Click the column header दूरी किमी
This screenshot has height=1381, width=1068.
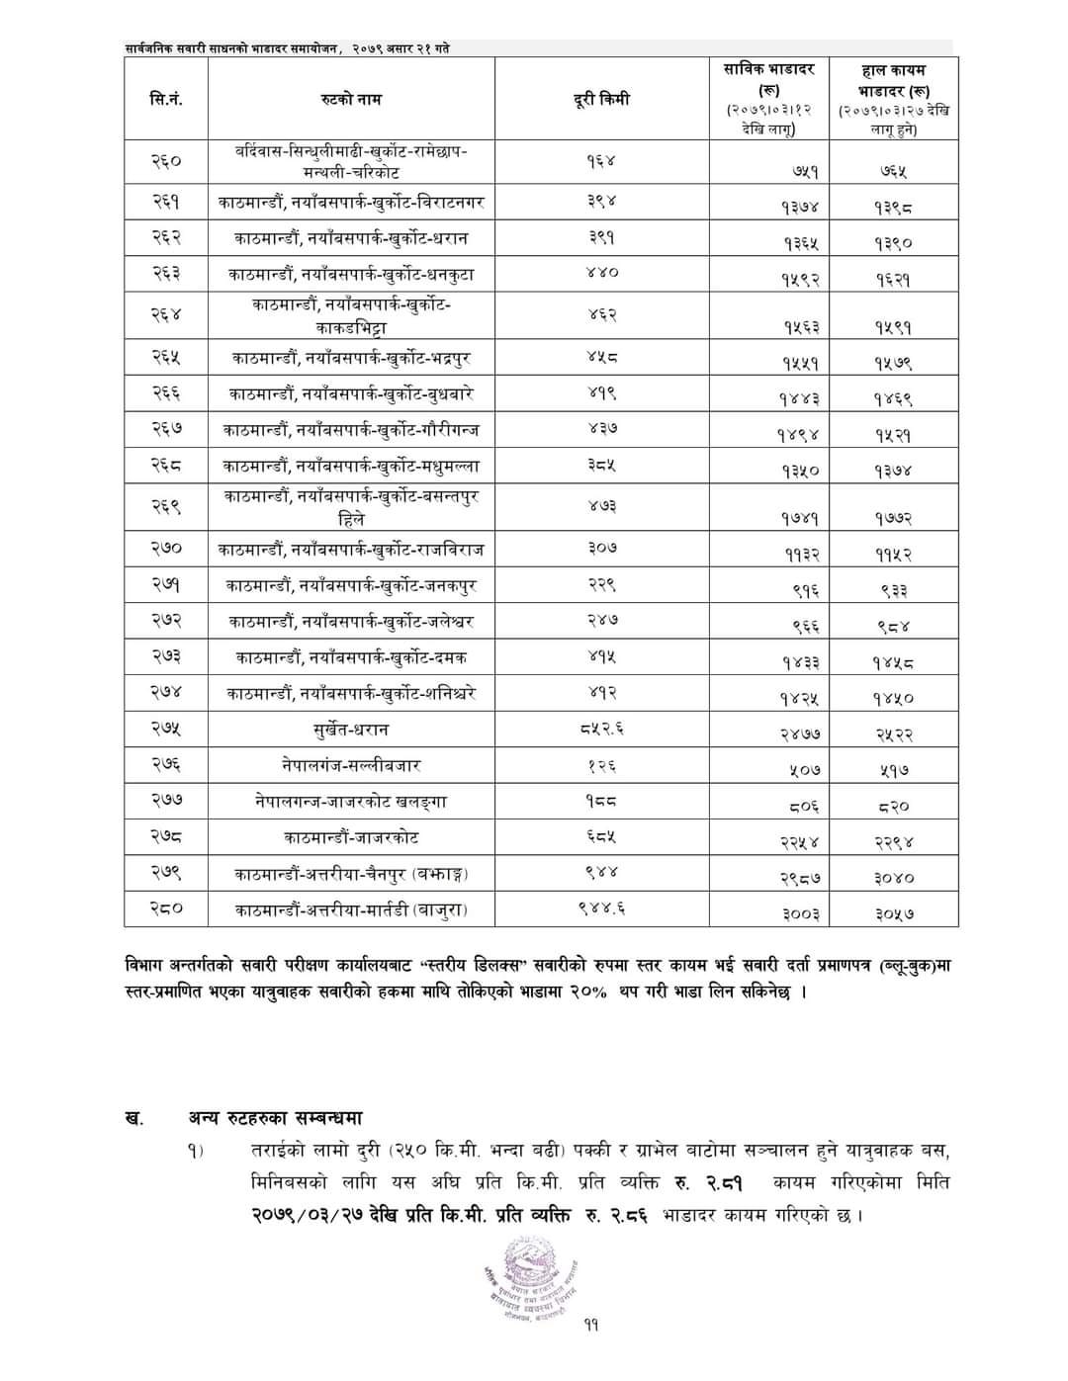click(601, 99)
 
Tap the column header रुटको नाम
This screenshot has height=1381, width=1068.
click(351, 99)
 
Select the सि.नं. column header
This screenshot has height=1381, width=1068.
click(166, 99)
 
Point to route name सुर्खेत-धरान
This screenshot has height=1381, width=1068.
click(350, 730)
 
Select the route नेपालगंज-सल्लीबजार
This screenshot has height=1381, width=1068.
click(350, 765)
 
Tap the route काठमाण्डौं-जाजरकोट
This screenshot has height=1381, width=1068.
click(350, 837)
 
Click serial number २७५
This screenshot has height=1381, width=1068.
click(166, 730)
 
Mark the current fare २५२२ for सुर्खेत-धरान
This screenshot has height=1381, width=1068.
click(894, 734)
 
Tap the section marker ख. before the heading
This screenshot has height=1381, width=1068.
click(133, 1118)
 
